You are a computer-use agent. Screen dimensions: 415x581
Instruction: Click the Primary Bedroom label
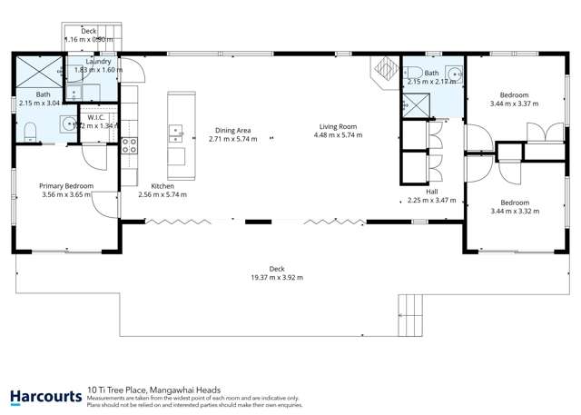point(66,185)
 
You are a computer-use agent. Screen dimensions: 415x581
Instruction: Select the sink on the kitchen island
point(175,133)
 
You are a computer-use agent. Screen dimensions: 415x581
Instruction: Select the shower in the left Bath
point(36,70)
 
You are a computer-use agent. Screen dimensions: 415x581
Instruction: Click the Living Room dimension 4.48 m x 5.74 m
point(338,135)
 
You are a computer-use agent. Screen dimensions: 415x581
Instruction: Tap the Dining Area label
point(232,130)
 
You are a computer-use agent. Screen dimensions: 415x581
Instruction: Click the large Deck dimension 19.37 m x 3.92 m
point(277,277)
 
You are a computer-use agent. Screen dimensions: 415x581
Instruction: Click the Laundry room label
point(97,61)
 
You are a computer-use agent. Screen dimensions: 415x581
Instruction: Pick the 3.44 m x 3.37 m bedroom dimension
point(514,104)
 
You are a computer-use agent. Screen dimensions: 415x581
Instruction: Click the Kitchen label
point(162,185)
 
